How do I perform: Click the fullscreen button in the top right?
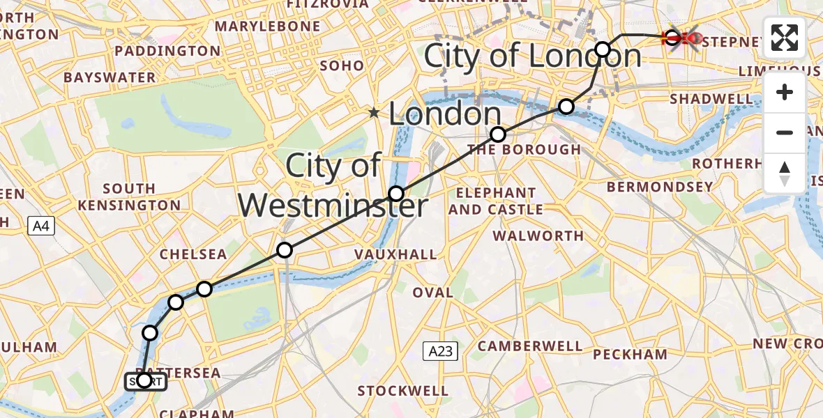click(x=785, y=38)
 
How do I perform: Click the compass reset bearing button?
click(x=785, y=173)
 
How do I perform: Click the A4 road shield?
click(x=40, y=226)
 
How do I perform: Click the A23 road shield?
click(x=440, y=351)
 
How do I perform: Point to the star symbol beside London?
click(x=375, y=113)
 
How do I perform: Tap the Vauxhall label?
click(x=395, y=254)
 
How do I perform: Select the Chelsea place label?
click(x=193, y=254)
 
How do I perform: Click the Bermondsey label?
click(x=660, y=187)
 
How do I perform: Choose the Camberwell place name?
click(x=530, y=346)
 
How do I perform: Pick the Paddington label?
click(x=167, y=51)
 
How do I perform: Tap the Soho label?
click(x=342, y=65)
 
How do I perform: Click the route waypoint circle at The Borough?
click(x=497, y=134)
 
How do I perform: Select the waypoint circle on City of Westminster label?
click(x=396, y=194)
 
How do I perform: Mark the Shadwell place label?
click(x=711, y=99)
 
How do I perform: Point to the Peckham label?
click(x=630, y=354)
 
